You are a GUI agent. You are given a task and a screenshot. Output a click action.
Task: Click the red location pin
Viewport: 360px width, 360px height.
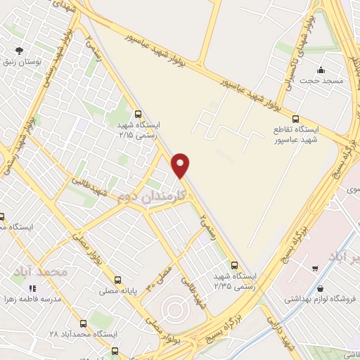click(x=181, y=165)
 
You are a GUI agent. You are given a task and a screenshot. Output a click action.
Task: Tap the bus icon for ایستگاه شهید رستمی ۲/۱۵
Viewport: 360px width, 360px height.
click(x=138, y=113)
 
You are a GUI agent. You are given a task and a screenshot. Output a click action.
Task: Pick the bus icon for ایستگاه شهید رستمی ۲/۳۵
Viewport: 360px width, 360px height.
click(x=234, y=265)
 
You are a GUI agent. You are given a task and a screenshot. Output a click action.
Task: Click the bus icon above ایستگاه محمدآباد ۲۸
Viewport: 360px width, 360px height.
click(x=84, y=323)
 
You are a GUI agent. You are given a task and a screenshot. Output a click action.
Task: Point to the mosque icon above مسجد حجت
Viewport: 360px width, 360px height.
click(x=321, y=70)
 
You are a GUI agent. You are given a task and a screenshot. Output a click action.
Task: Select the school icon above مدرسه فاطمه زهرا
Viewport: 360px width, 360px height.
click(x=32, y=288)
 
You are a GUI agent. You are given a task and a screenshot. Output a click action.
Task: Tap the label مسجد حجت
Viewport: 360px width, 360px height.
click(x=321, y=81)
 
